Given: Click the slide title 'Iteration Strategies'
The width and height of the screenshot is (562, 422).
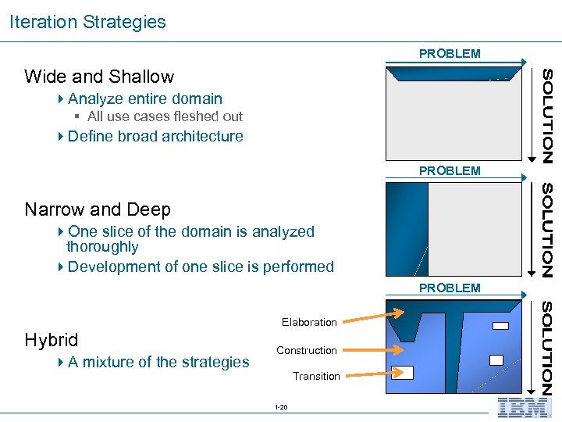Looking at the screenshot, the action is click(87, 22).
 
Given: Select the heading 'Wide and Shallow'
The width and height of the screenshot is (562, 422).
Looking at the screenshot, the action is click(99, 77).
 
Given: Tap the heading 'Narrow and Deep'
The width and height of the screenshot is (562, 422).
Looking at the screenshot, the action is click(98, 209).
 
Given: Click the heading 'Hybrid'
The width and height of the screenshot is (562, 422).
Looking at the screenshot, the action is click(52, 340).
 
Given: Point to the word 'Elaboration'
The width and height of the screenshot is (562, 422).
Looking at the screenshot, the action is click(309, 322).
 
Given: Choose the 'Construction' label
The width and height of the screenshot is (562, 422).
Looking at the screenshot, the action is click(307, 350).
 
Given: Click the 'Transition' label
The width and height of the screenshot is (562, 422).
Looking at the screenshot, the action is click(316, 376).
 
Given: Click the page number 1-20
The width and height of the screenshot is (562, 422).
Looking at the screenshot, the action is click(281, 407).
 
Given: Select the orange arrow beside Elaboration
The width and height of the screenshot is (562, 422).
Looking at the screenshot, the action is click(373, 316).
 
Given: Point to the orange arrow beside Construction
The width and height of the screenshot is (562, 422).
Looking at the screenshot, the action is click(373, 349).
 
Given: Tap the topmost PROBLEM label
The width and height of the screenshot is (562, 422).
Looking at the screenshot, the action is click(450, 54).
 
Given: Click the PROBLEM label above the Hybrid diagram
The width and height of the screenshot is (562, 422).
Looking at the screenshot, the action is click(450, 288).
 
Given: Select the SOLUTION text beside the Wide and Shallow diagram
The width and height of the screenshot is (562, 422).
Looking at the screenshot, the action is click(548, 116).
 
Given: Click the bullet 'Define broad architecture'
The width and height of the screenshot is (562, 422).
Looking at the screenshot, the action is click(155, 136).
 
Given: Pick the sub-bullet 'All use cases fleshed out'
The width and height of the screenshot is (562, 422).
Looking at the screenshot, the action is click(165, 116).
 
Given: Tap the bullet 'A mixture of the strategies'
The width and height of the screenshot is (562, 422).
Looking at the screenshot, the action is click(158, 362).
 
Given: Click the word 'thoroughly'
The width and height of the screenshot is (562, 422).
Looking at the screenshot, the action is click(102, 247).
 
